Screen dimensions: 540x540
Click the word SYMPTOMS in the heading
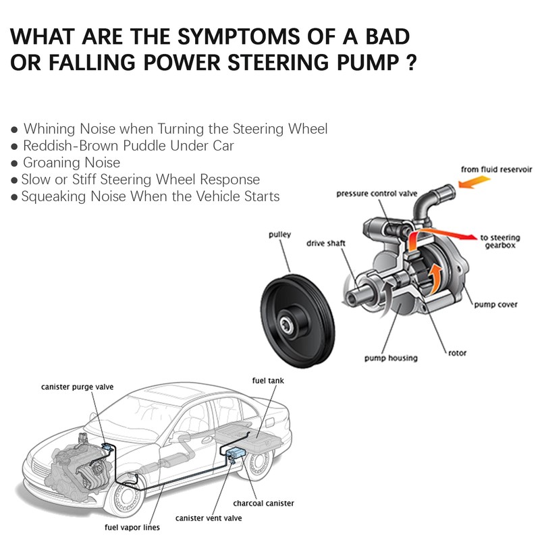(239, 36)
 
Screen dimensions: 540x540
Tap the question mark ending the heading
(411, 63)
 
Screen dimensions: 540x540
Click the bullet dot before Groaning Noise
(14, 163)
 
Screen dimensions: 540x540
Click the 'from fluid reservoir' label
(496, 169)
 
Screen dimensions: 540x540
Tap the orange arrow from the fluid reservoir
(475, 182)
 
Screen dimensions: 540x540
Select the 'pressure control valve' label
(377, 194)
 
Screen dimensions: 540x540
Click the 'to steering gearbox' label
(500, 242)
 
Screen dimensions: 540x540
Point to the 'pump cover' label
(495, 305)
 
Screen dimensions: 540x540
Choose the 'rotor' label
(458, 353)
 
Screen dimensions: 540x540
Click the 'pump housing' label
(391, 358)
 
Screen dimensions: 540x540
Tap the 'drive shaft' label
(326, 244)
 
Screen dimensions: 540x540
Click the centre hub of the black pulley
(286, 325)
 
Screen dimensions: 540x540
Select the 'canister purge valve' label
(77, 387)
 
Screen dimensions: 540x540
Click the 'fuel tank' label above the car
(268, 381)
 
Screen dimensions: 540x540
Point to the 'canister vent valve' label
(209, 518)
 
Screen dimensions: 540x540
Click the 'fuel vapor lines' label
(132, 528)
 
